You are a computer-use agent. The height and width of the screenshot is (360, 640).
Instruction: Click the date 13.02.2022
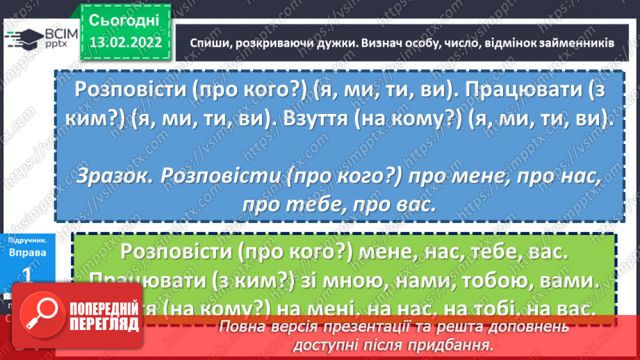(126, 42)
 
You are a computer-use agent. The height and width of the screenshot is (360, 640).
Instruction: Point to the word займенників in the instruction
(578, 42)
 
